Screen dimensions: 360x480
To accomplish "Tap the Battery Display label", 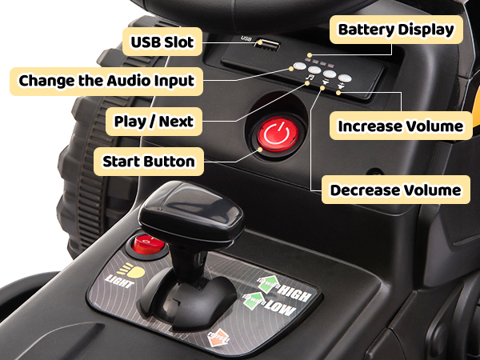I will tap(395, 30).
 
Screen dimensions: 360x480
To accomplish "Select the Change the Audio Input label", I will tap(106, 81).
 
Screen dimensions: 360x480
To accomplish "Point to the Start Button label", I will tap(149, 162).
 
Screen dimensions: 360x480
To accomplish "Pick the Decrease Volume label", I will tap(395, 190).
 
